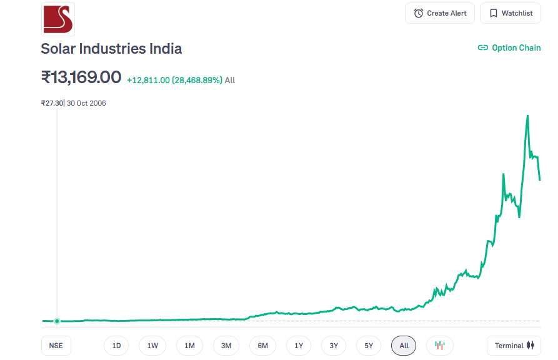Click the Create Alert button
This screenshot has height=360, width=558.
pyautogui.click(x=440, y=13)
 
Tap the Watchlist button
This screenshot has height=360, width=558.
pyautogui.click(x=511, y=13)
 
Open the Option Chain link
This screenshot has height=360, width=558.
pyautogui.click(x=509, y=47)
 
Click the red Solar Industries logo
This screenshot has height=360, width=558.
pyautogui.click(x=57, y=19)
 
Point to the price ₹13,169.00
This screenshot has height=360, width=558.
pyautogui.click(x=81, y=77)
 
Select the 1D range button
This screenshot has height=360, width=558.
pyautogui.click(x=116, y=346)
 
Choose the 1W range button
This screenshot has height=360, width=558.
pyautogui.click(x=152, y=346)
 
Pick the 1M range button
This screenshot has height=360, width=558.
pyautogui.click(x=189, y=346)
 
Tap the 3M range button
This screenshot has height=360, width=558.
pyautogui.click(x=226, y=346)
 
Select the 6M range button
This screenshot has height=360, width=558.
pyautogui.click(x=262, y=346)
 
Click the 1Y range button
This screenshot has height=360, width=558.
pyautogui.click(x=299, y=346)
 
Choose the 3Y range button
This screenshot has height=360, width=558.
pyautogui.click(x=334, y=346)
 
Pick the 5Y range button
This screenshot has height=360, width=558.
pyautogui.click(x=369, y=346)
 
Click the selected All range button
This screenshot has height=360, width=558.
pyautogui.click(x=404, y=346)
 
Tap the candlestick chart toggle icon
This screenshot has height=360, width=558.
pyautogui.click(x=440, y=346)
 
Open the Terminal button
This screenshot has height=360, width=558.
pyautogui.click(x=514, y=346)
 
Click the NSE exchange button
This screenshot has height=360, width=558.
pyautogui.click(x=56, y=346)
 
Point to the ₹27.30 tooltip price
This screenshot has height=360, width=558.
pyautogui.click(x=52, y=103)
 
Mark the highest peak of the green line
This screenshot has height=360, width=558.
pyautogui.click(x=528, y=116)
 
